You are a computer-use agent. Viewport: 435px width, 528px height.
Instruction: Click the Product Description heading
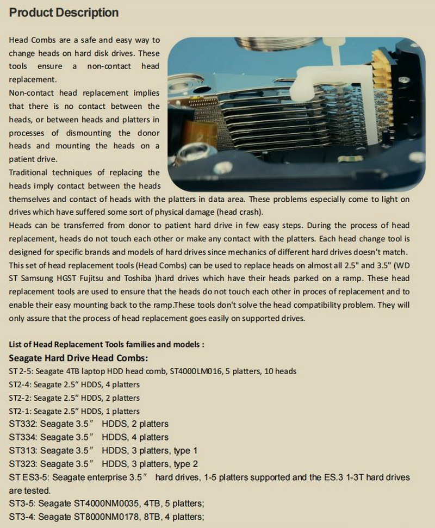point(64,13)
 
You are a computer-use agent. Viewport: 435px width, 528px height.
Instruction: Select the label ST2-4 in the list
point(20,384)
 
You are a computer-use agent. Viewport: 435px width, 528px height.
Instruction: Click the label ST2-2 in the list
point(20,398)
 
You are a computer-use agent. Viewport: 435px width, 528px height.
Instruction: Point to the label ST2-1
point(20,411)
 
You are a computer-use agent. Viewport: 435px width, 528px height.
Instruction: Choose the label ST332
point(22,424)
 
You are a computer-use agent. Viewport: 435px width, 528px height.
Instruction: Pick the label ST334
point(22,437)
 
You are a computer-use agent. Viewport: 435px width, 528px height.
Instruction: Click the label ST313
point(22,451)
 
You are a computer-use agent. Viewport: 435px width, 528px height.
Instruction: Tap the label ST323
point(22,464)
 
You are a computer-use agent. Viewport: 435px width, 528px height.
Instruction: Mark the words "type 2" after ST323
point(185,464)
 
